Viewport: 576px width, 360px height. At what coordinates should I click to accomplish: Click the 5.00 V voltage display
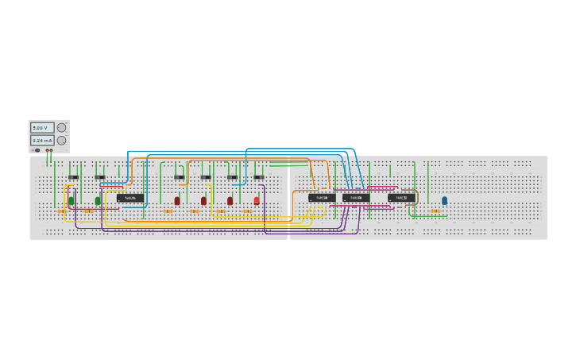tap(42, 127)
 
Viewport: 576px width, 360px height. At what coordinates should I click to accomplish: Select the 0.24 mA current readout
tap(42, 141)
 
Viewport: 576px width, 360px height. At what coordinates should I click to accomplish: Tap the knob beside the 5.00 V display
tap(61, 127)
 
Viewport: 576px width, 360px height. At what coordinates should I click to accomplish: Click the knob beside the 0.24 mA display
tap(61, 141)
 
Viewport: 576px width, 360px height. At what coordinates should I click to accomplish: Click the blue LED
tap(444, 200)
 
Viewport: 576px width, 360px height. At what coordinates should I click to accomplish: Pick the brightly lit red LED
tap(257, 200)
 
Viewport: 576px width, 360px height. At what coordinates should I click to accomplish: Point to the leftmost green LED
tap(72, 201)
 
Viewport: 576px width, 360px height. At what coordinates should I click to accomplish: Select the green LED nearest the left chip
tap(98, 201)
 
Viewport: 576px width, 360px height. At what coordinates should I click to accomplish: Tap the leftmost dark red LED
tap(177, 201)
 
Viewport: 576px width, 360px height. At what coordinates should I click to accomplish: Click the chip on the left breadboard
tap(130, 198)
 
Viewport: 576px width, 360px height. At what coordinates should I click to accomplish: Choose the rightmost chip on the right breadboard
tap(401, 198)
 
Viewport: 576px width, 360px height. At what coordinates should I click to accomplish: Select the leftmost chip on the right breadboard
tap(322, 198)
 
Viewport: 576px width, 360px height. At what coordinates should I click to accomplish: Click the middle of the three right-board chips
tap(356, 198)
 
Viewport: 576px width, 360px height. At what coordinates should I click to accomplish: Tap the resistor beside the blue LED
tap(435, 211)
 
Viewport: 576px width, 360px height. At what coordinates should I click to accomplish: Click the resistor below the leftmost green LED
tap(62, 211)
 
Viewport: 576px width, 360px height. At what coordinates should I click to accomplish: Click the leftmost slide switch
tap(73, 177)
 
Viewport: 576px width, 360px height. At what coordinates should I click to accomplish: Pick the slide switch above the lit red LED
tap(258, 177)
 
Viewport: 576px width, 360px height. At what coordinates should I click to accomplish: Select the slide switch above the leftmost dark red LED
tap(180, 177)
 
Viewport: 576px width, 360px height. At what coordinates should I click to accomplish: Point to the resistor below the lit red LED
tap(248, 211)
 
